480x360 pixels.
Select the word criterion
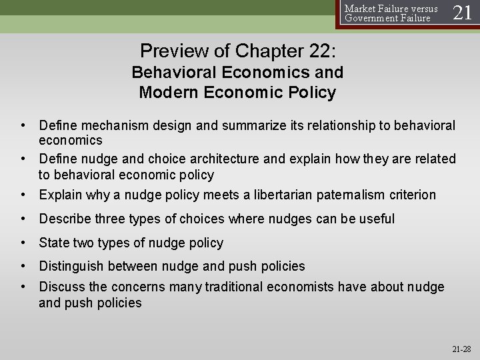[x=411, y=195]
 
